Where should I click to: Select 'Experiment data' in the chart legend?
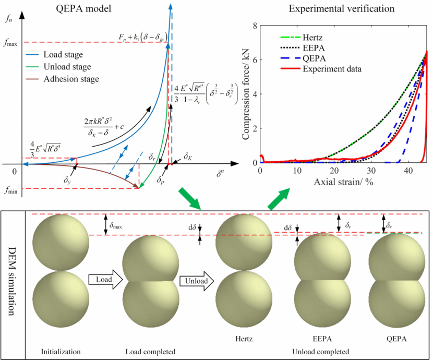point(334,68)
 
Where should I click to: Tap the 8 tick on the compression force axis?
point(255,26)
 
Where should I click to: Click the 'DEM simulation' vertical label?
point(13,285)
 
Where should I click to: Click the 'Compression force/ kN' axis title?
point(245,94)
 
